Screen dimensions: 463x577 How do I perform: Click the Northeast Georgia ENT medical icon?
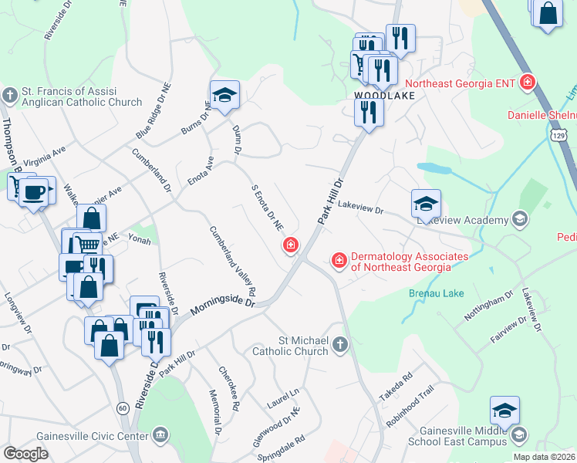coord(528,82)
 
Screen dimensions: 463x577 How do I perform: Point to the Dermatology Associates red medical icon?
coord(338,262)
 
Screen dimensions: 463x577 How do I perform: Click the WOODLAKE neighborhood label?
coord(384,96)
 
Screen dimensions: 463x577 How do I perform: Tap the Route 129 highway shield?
coord(560,136)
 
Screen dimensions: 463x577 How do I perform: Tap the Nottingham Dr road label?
coord(488,306)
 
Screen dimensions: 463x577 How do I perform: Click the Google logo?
coord(25,454)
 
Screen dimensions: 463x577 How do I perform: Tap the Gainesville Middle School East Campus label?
coord(462,437)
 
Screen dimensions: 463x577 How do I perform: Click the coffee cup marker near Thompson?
coord(33,191)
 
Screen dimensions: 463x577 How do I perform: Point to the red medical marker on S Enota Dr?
coord(291,246)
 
